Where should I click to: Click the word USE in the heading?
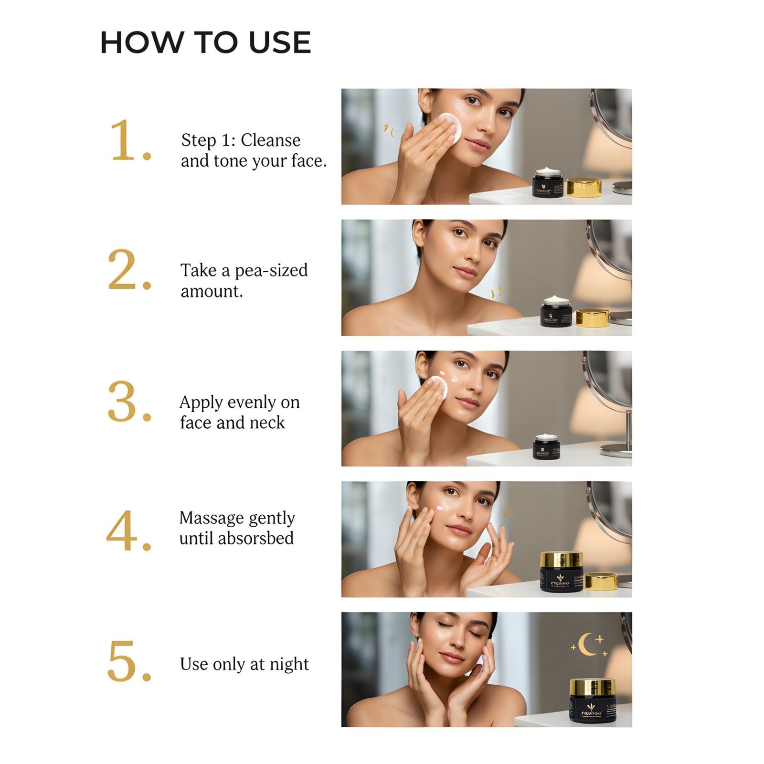[280, 42]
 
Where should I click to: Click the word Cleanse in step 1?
[270, 140]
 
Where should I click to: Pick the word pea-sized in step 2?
[271, 270]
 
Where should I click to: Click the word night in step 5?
[289, 664]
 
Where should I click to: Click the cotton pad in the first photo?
[450, 127]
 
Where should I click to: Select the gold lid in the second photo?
[592, 318]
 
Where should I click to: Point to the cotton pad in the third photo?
[436, 387]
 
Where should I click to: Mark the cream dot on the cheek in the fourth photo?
[439, 508]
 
